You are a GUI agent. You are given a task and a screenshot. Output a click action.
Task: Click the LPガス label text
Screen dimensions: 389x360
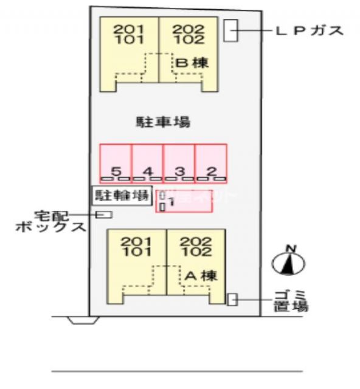click(310, 30)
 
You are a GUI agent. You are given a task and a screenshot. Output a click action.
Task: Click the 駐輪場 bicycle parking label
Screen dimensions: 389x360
click(122, 195)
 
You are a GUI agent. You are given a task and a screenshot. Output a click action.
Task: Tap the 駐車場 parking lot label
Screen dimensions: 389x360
click(162, 122)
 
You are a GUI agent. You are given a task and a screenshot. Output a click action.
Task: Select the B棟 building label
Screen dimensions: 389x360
click(193, 62)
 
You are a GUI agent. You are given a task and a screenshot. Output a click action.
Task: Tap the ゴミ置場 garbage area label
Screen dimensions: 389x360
click(291, 299)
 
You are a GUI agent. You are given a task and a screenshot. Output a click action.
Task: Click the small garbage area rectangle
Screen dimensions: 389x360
click(232, 299)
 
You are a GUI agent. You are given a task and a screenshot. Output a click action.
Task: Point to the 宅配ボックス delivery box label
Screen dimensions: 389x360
click(52, 222)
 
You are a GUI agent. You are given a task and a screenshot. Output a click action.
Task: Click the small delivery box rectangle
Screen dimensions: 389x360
click(105, 214)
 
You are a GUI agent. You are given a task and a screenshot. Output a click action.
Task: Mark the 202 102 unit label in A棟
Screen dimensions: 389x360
click(196, 246)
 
